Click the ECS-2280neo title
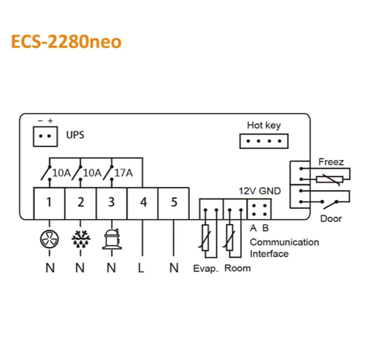(x=66, y=42)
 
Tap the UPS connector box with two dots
(x=45, y=137)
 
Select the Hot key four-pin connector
(x=264, y=141)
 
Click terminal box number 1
(x=49, y=204)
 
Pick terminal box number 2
(x=80, y=204)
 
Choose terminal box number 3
(x=112, y=204)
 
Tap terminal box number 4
(x=142, y=204)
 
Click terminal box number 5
(x=174, y=204)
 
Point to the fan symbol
(x=50, y=239)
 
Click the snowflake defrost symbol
(x=81, y=239)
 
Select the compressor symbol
(x=112, y=239)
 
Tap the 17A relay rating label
(x=123, y=173)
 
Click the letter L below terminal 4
(x=141, y=268)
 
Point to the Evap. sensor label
(x=206, y=269)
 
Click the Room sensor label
(x=237, y=268)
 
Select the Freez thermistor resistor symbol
(x=330, y=180)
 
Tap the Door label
(x=331, y=218)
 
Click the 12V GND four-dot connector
(x=259, y=210)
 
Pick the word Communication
(x=285, y=242)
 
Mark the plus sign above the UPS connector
(x=50, y=120)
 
